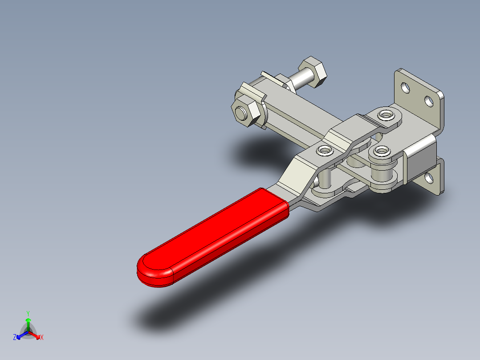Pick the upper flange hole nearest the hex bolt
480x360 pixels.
tap(405, 87)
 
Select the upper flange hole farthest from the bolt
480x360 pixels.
tap(429, 101)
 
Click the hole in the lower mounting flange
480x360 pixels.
tap(429, 179)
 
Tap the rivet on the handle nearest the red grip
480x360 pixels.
tap(324, 150)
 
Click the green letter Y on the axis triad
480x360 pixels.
tap(28, 313)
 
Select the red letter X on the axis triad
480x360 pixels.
tap(41, 338)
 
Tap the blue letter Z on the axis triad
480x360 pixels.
tap(15, 338)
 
